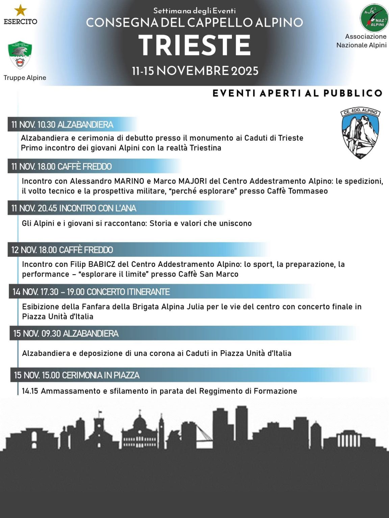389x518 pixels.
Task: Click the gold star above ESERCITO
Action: [x=21, y=10]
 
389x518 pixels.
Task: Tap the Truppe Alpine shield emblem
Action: [x=20, y=54]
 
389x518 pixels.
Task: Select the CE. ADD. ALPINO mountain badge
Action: [x=360, y=133]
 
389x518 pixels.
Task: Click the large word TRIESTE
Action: [x=195, y=46]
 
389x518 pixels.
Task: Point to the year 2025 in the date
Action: [x=245, y=71]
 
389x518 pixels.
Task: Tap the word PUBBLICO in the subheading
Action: [x=353, y=93]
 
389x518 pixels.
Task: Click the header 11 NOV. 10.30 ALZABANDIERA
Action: [x=62, y=125]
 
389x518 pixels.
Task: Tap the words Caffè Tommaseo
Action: [x=297, y=191]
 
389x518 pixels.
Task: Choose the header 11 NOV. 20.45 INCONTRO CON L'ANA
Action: [x=74, y=208]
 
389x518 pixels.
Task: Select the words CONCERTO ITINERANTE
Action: [x=128, y=292]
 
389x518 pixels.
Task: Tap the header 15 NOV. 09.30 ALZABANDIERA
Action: [x=66, y=334]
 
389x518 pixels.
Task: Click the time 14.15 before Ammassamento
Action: [x=30, y=391]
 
